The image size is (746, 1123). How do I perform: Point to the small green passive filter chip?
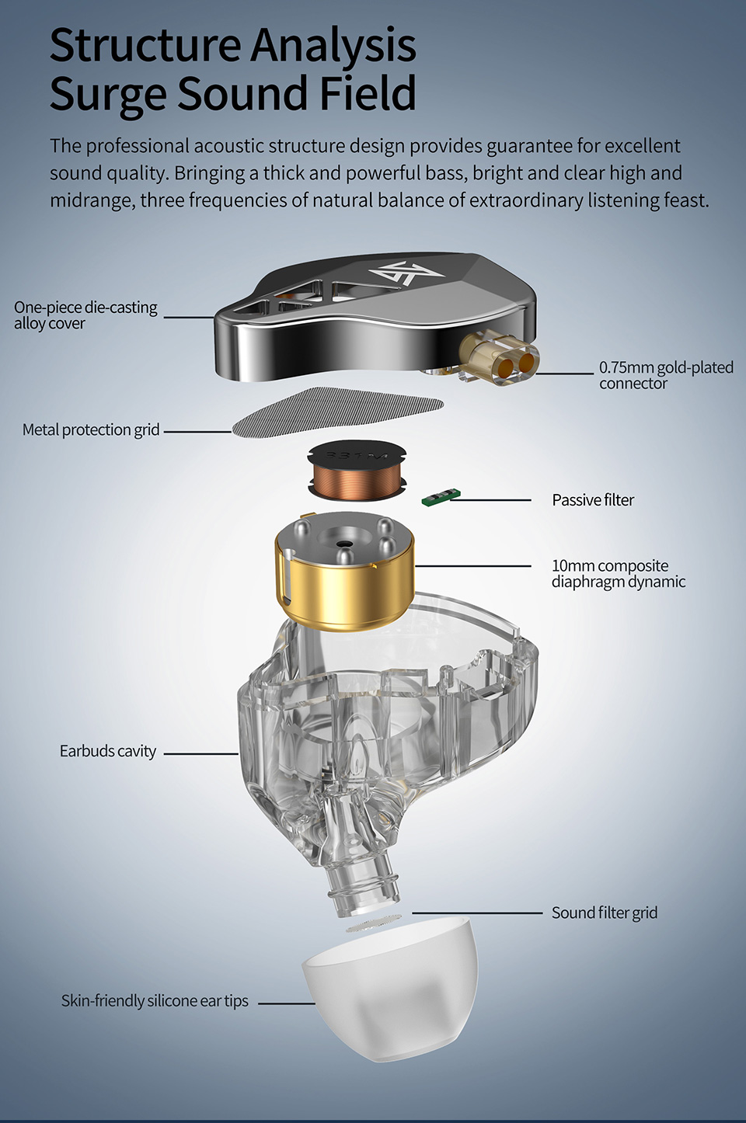point(441,497)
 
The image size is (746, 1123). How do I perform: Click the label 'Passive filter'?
point(593,500)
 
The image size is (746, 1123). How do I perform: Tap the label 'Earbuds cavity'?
point(108,751)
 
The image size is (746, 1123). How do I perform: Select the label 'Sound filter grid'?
point(604,913)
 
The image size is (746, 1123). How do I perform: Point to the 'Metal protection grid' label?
point(91,429)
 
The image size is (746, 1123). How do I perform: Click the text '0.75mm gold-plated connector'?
point(665,375)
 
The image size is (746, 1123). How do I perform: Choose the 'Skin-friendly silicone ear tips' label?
point(155,1001)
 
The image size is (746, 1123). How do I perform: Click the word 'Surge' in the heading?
point(109,93)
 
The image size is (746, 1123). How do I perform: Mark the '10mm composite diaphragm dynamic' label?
point(618,573)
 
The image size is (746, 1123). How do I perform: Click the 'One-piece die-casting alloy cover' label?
point(85,315)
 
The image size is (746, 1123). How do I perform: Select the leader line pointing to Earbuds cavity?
point(200,753)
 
